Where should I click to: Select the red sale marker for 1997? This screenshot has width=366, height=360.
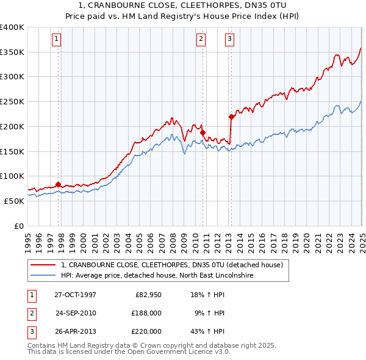pos(59,184)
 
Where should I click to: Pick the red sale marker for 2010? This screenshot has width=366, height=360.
pos(203,132)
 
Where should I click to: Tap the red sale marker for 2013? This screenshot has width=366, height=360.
pos(231,116)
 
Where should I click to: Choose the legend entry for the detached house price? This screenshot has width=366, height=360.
pos(171,265)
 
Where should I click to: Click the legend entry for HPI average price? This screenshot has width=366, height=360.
pos(157,276)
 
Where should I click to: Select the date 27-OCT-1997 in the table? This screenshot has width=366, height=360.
pos(75,295)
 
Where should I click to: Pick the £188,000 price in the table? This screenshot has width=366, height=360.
pos(146,313)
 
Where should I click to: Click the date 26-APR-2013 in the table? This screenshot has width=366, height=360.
pos(75,331)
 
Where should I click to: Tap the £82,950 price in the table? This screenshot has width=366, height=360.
pos(146,295)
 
